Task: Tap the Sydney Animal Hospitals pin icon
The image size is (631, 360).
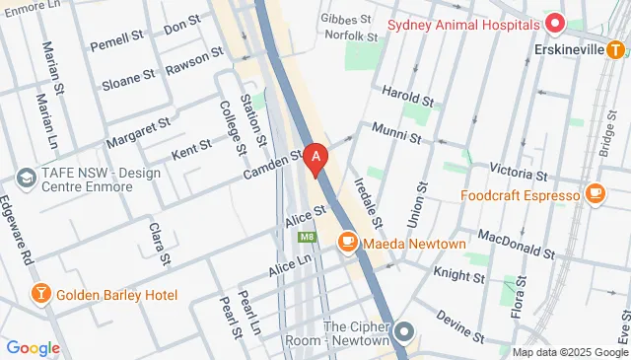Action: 554,23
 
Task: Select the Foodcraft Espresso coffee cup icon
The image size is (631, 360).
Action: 594,194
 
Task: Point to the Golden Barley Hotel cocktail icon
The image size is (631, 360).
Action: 41,294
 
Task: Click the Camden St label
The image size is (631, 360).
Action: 273,165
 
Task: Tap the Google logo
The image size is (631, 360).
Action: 34,347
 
